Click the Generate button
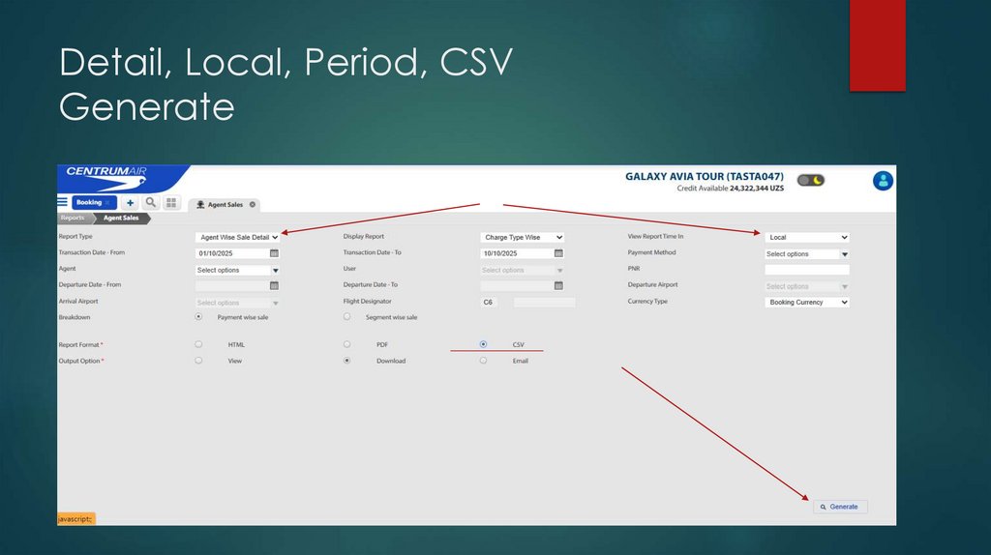[840, 507]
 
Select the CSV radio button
[484, 344]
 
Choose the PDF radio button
[347, 344]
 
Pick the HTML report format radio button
[198, 344]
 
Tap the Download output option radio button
[347, 361]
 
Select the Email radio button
[484, 361]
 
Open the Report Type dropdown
[237, 237]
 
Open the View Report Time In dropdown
[807, 237]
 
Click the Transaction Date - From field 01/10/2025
[230, 253]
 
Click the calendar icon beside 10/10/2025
[558, 253]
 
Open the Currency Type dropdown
[807, 302]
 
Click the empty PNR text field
[807, 270]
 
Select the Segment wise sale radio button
[347, 317]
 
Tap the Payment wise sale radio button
[198, 317]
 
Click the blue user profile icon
[883, 181]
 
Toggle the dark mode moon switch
[811, 180]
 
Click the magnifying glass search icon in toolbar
[151, 202]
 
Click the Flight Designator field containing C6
[489, 303]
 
